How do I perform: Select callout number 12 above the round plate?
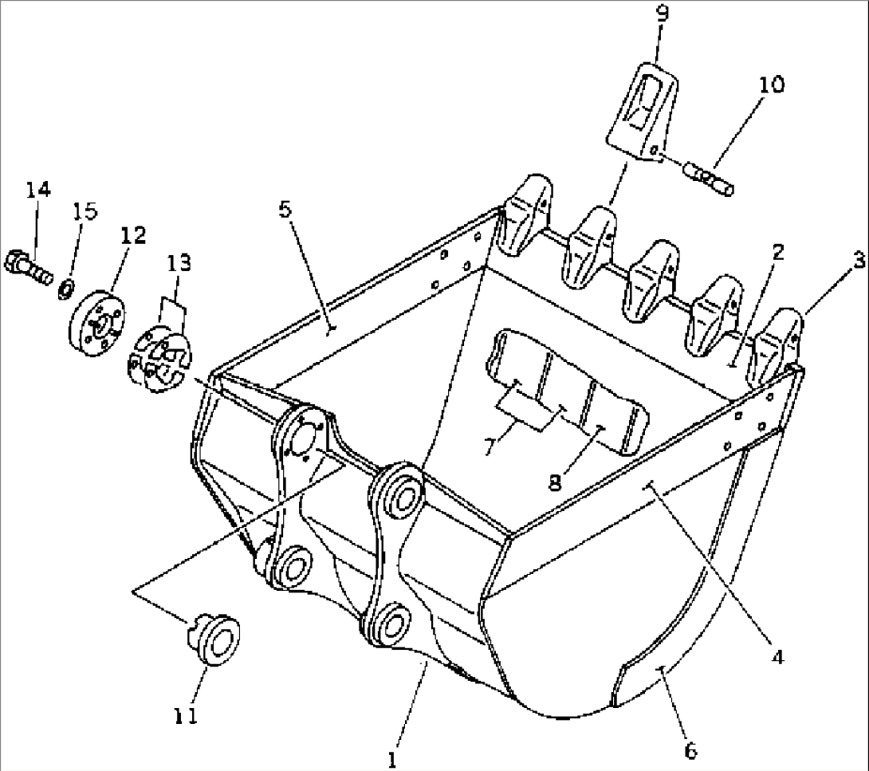click(133, 235)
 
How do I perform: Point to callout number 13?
click(179, 262)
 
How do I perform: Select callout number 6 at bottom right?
click(690, 749)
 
